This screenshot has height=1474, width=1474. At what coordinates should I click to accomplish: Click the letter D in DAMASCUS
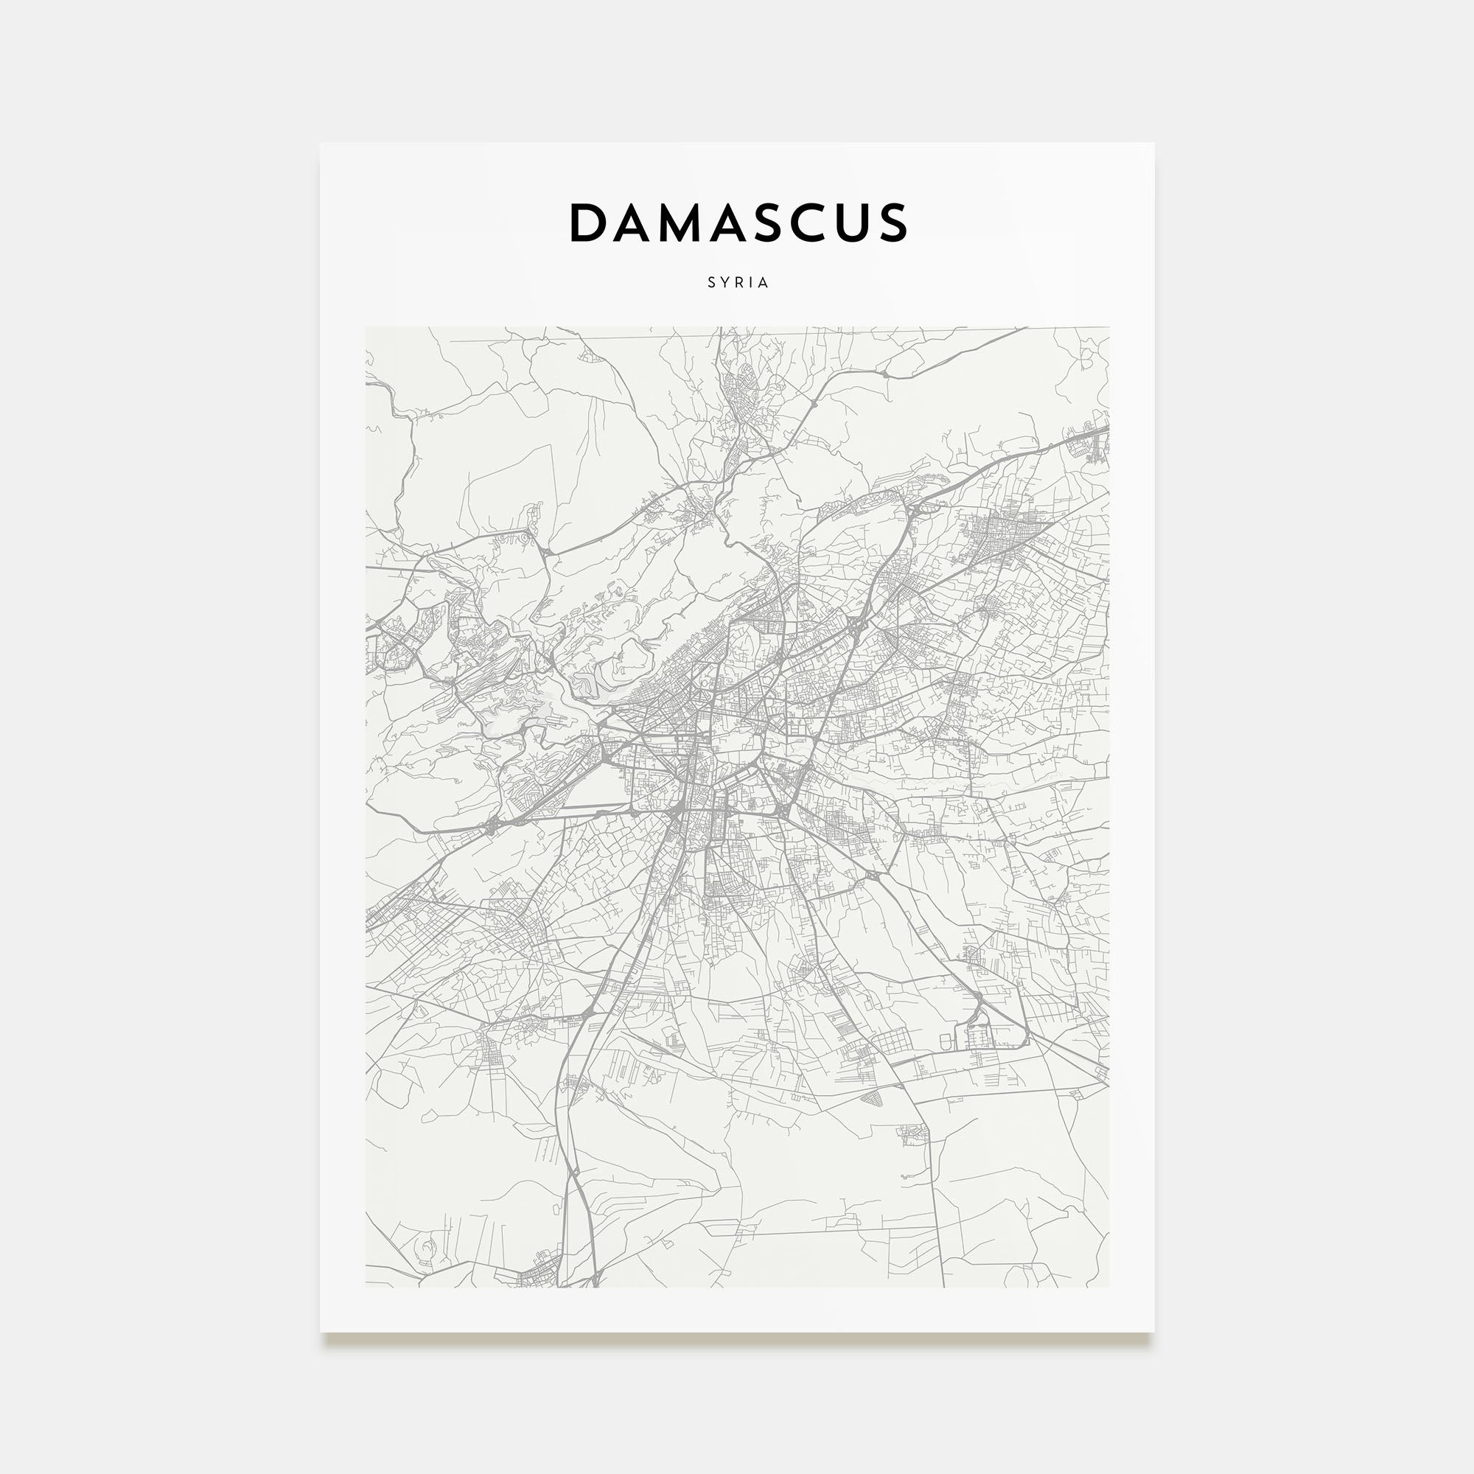point(588,223)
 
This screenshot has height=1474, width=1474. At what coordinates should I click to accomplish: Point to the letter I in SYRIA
point(752,282)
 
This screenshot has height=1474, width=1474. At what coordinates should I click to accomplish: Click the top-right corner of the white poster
point(1153,144)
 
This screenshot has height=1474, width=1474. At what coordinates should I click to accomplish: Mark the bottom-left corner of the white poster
point(321,1331)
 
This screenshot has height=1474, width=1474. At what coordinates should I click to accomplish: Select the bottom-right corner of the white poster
point(1153,1331)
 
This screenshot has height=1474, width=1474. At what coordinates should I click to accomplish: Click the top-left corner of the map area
point(366,328)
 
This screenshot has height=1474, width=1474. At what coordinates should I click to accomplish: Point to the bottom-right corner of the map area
point(1108,1287)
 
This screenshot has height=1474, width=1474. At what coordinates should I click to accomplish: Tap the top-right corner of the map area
point(1108,328)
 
